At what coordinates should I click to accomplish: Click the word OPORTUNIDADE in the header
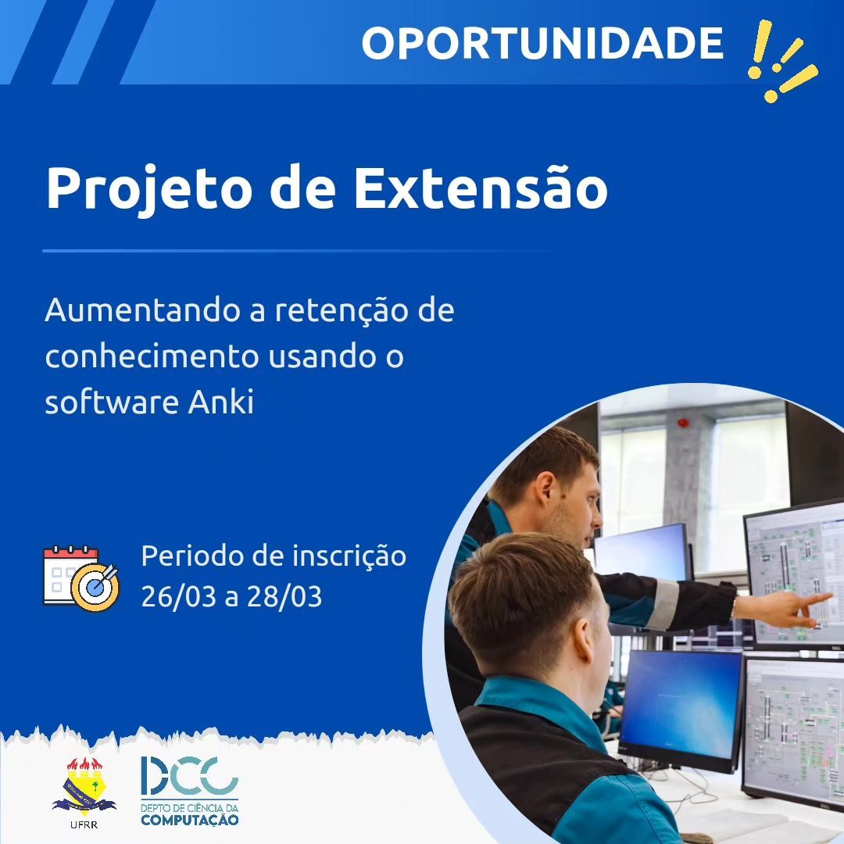click(x=542, y=43)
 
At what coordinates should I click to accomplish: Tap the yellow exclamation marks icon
click(x=782, y=61)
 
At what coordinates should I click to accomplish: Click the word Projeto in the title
click(x=149, y=189)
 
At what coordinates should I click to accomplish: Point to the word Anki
click(x=220, y=402)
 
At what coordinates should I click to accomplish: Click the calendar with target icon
click(x=80, y=578)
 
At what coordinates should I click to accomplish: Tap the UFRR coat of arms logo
click(x=84, y=786)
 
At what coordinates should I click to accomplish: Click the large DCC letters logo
click(x=189, y=776)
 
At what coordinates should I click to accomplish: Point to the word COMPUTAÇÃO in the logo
click(x=189, y=820)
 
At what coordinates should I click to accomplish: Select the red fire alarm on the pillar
click(x=683, y=422)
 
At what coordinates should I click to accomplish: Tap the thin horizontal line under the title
click(x=296, y=251)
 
